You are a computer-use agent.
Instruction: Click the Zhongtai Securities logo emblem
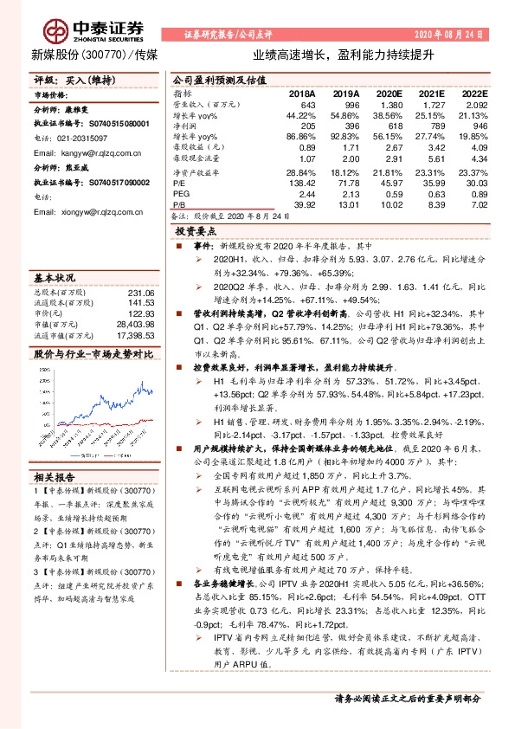click(58, 29)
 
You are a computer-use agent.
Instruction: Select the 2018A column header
click(302, 93)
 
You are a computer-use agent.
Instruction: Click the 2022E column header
click(474, 93)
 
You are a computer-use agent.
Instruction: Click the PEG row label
click(182, 194)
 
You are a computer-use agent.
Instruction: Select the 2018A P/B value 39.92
click(304, 204)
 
